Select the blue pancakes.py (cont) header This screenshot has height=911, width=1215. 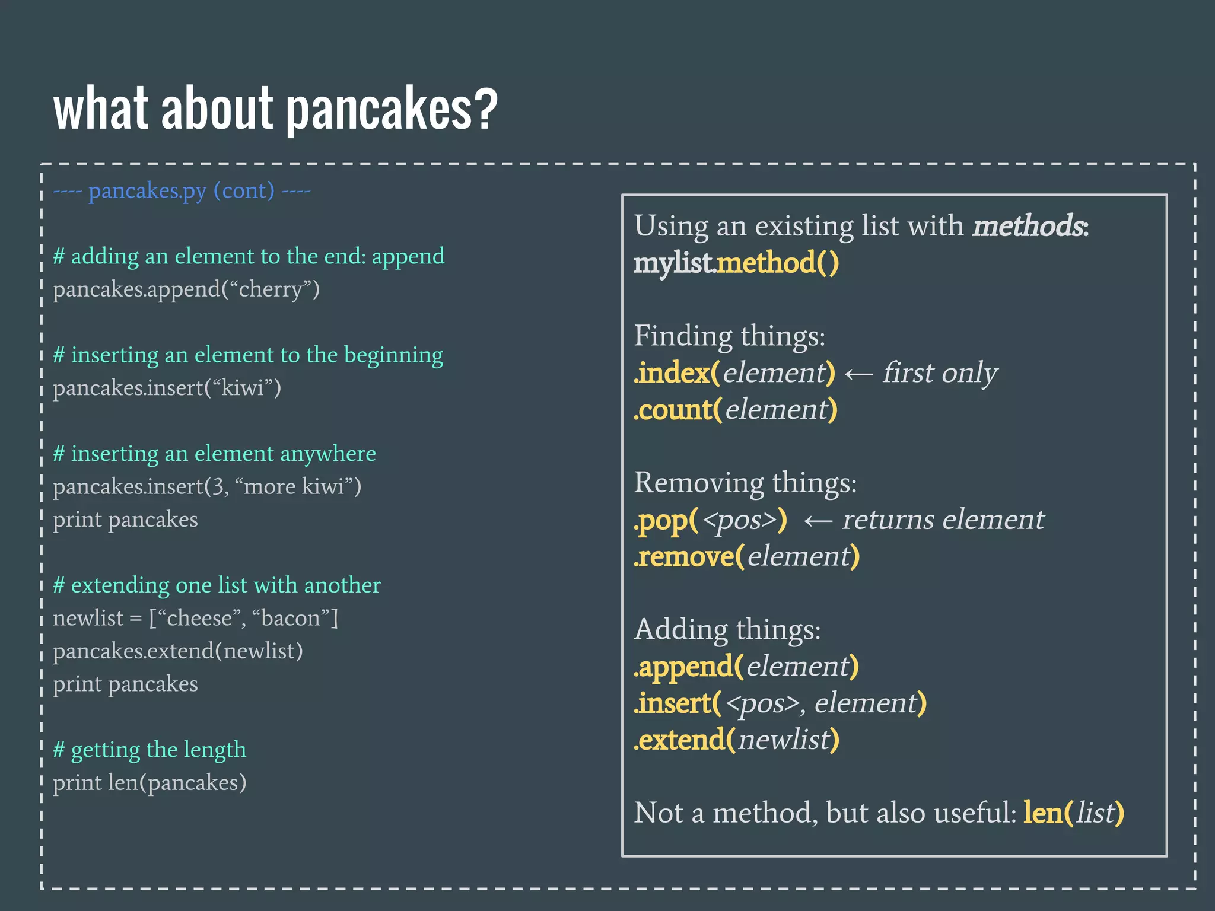(x=182, y=191)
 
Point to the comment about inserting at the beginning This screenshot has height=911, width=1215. (x=248, y=355)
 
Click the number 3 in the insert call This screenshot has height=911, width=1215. (x=218, y=487)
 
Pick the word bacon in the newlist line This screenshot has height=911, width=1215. (x=290, y=619)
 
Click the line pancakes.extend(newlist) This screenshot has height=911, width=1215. (x=178, y=651)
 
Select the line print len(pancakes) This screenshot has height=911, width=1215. (x=150, y=783)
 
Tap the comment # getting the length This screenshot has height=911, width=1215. (x=150, y=750)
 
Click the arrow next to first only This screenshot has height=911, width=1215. (x=858, y=374)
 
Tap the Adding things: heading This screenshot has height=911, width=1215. (x=727, y=629)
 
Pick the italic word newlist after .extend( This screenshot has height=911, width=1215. (x=783, y=740)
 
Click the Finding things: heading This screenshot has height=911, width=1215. (x=730, y=336)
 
